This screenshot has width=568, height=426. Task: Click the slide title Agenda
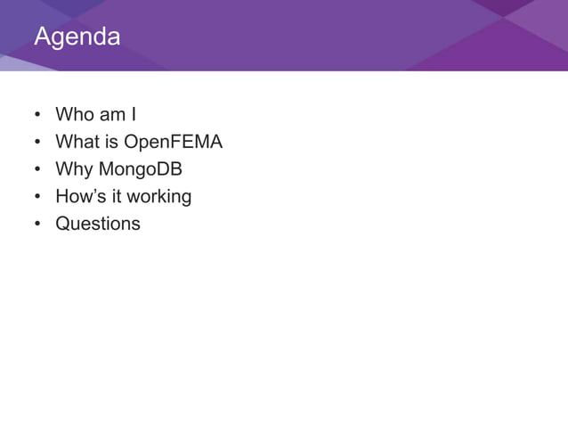coord(77,38)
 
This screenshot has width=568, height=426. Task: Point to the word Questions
coord(98,223)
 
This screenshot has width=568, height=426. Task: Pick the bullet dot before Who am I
coord(37,116)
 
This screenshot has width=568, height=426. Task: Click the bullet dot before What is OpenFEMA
coord(37,143)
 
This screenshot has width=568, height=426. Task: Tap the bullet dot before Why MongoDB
coord(37,169)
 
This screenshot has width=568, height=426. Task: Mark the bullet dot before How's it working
coord(37,197)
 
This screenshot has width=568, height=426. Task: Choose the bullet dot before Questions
coord(37,224)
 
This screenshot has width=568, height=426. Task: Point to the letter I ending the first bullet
coord(133,115)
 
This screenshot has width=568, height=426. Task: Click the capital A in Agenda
coord(42,38)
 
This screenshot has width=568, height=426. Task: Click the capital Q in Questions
coord(62,223)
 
